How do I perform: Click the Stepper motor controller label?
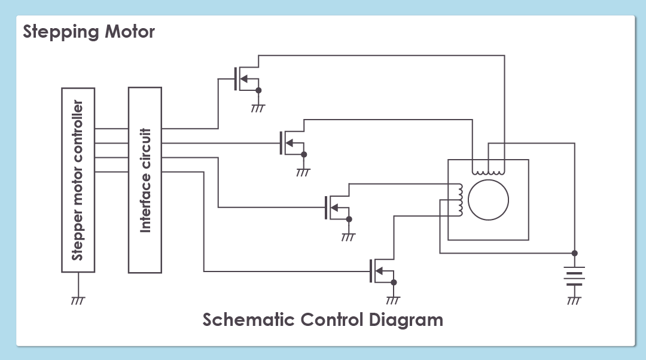coord(78,180)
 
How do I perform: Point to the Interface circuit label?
coord(145,180)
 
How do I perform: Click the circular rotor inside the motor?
coord(488,200)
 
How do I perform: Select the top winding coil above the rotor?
coord(488,170)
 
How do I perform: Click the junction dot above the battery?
coord(574,252)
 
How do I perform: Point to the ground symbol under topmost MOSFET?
coord(258,108)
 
